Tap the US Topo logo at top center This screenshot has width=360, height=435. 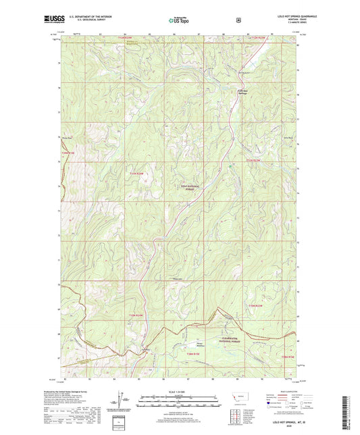(x=180, y=21)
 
